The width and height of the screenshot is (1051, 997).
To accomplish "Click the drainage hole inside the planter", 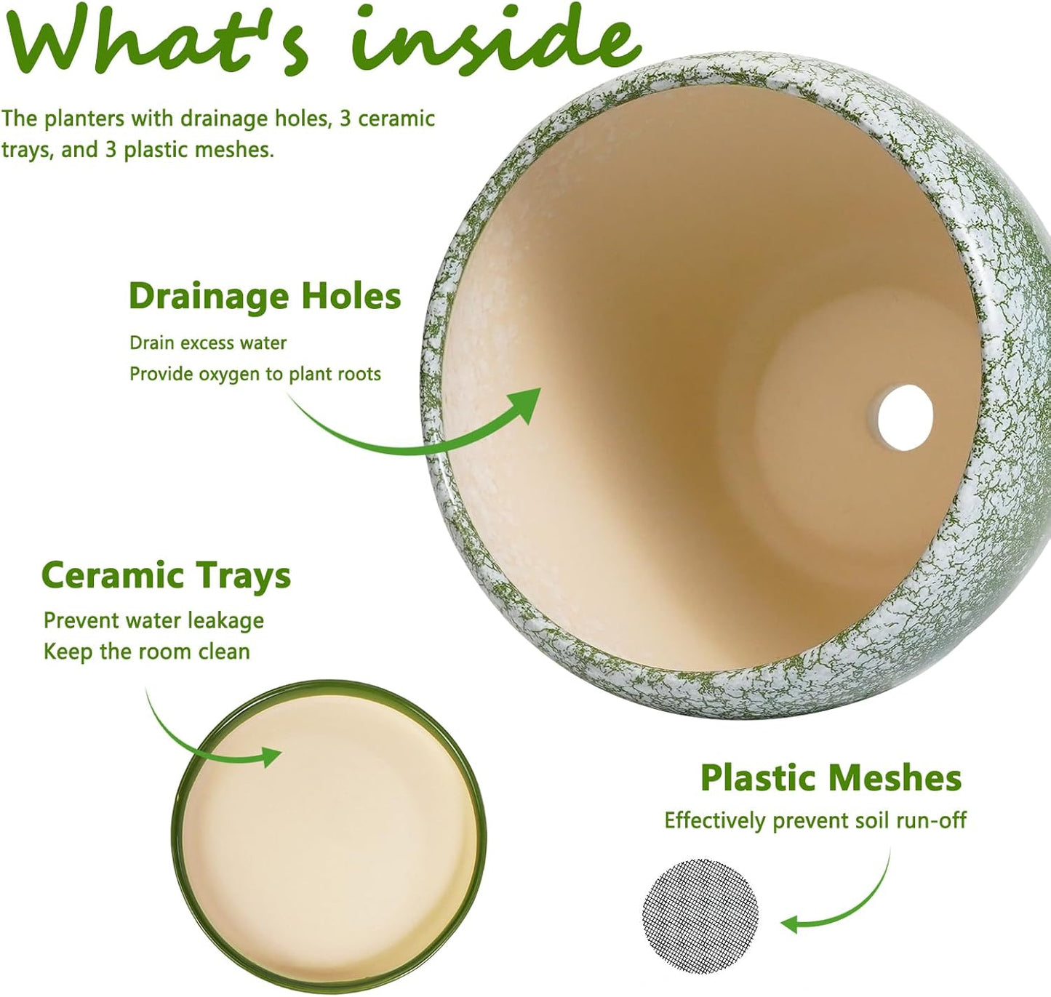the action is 906,417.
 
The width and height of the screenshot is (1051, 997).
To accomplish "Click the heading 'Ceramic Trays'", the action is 167,576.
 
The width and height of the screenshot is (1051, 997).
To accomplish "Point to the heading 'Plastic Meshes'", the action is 831,777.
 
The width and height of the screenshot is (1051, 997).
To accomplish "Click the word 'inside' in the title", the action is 497,40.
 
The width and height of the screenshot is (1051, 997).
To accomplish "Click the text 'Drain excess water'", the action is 208,343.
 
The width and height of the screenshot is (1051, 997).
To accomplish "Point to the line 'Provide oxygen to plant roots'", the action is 255,375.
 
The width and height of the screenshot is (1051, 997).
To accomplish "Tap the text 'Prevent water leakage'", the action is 153,620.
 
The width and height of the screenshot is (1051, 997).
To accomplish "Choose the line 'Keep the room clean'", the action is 146,652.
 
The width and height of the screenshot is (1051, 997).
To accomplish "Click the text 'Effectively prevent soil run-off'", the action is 815,820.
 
